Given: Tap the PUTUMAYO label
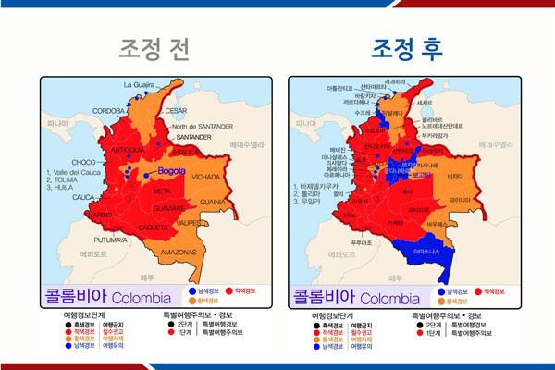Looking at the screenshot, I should click(111, 239).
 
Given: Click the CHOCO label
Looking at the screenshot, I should click(84, 161).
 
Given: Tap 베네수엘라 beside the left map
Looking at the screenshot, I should click(247, 144).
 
